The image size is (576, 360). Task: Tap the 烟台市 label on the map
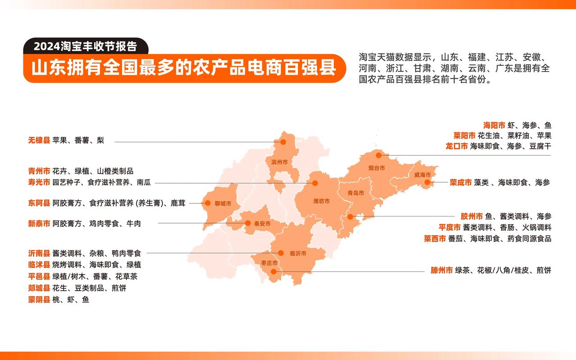click(x=376, y=168)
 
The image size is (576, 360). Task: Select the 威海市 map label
click(x=422, y=175)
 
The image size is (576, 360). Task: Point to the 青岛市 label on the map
click(x=355, y=193)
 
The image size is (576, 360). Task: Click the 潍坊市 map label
click(x=321, y=201)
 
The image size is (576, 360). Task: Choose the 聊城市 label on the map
click(x=223, y=203)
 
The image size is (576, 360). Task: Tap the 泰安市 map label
click(x=262, y=224)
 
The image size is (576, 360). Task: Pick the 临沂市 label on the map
click(x=298, y=254)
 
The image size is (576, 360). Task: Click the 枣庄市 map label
click(x=269, y=263)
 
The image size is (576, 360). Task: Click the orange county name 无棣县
click(x=39, y=140)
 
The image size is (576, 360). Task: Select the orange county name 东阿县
click(x=39, y=203)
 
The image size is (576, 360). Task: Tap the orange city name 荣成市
click(x=461, y=183)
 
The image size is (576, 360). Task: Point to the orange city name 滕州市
click(x=442, y=270)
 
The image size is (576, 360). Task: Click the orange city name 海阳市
click(x=494, y=126)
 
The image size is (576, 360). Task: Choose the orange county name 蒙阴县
click(x=39, y=300)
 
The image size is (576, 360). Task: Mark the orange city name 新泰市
click(x=39, y=224)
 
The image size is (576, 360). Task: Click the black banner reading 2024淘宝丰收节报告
click(x=85, y=46)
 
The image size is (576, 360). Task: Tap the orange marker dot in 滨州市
click(x=283, y=142)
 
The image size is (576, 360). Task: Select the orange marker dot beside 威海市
click(x=427, y=182)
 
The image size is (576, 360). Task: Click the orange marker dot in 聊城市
click(x=207, y=203)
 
